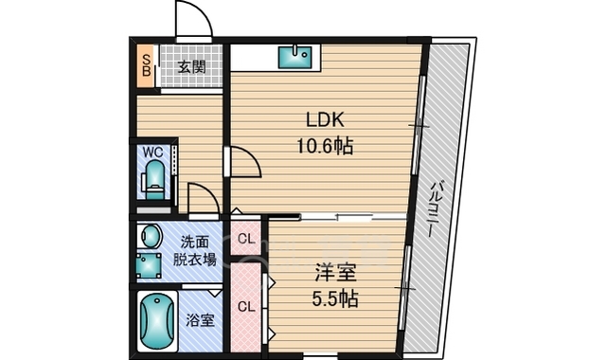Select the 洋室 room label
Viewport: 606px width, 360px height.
pyautogui.click(x=335, y=274)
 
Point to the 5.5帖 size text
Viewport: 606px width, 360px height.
pyautogui.click(x=335, y=298)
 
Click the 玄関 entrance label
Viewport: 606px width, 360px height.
pyautogui.click(x=192, y=66)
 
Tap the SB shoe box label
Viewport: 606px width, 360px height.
pyautogui.click(x=147, y=65)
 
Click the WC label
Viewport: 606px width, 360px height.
pyautogui.click(x=153, y=152)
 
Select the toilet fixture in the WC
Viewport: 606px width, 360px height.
pyautogui.click(x=153, y=178)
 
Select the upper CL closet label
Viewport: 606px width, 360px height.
pyautogui.click(x=246, y=238)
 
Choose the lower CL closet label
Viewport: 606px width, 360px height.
pyautogui.click(x=246, y=306)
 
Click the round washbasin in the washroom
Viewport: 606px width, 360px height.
pyautogui.click(x=150, y=234)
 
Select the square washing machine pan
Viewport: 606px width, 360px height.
pyautogui.click(x=149, y=264)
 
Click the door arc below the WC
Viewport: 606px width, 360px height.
pyautogui.click(x=202, y=198)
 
